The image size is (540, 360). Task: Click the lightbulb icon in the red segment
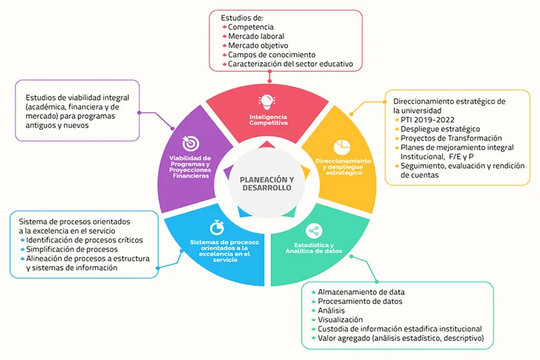267,102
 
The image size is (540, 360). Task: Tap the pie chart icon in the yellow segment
342,147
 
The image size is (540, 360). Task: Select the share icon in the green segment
314,231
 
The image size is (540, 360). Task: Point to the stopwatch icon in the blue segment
217,228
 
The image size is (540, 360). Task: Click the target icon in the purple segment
190,143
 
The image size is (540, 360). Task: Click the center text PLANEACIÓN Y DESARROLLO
267,184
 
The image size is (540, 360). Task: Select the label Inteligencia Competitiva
268,120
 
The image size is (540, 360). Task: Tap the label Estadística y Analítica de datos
314,248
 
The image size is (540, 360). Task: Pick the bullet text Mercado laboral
256,36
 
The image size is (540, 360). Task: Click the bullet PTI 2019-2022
427,120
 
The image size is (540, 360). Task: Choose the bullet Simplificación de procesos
72,249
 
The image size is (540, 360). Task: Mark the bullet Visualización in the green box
340,319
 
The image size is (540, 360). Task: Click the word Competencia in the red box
250,27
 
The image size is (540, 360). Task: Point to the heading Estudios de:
242,18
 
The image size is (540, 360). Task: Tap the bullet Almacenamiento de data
361,292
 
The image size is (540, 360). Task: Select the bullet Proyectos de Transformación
451,138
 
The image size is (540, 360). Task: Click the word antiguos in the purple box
38,126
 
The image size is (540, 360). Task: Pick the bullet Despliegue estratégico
440,129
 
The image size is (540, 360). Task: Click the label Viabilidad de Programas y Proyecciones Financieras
190,167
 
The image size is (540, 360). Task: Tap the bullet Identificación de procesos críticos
84,240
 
